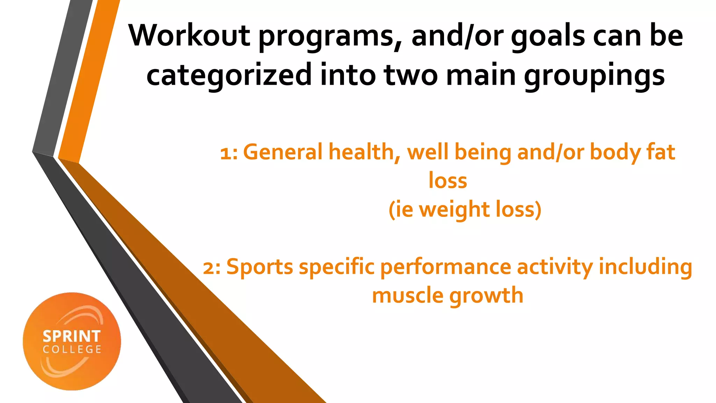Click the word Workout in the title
tap(189, 36)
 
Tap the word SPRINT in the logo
tap(72, 337)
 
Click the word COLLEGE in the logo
tap(72, 349)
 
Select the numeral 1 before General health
tap(225, 153)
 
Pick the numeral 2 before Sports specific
tap(209, 268)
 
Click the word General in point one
tap(283, 152)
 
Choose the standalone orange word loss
tap(447, 181)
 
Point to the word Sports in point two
tap(260, 267)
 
